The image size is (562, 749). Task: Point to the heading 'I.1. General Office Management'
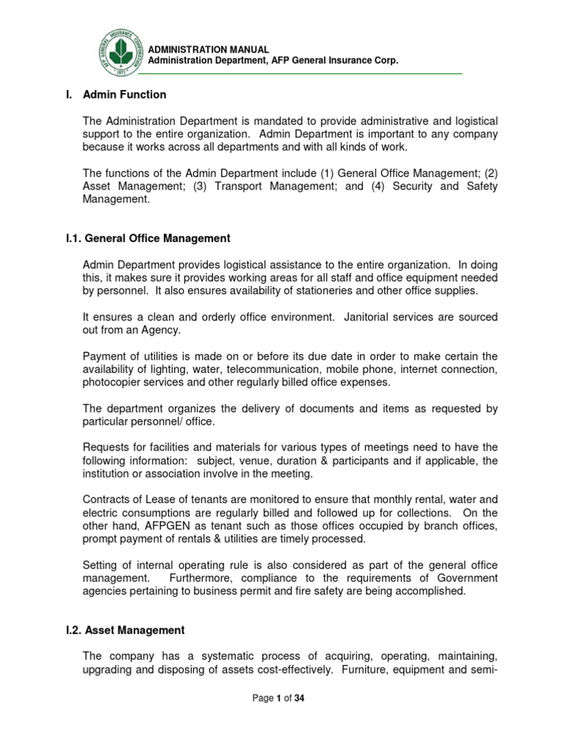point(144,238)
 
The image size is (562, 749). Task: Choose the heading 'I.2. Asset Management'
point(121,630)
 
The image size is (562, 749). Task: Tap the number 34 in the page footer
point(299,699)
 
